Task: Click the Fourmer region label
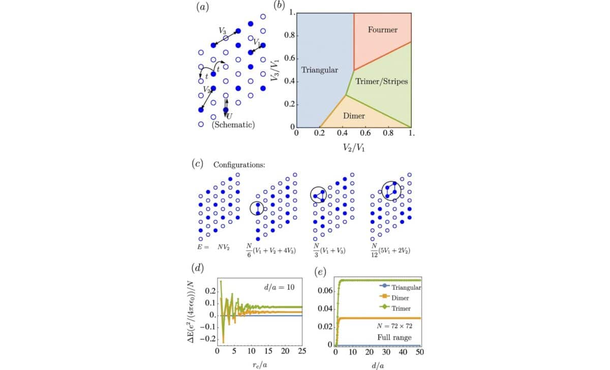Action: tap(382, 30)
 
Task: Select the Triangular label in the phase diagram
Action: tap(320, 70)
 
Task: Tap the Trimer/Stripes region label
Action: tap(382, 81)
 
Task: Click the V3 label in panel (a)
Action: tap(223, 31)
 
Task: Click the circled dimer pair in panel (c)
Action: tap(258, 208)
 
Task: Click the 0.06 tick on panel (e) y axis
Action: tap(325, 290)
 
